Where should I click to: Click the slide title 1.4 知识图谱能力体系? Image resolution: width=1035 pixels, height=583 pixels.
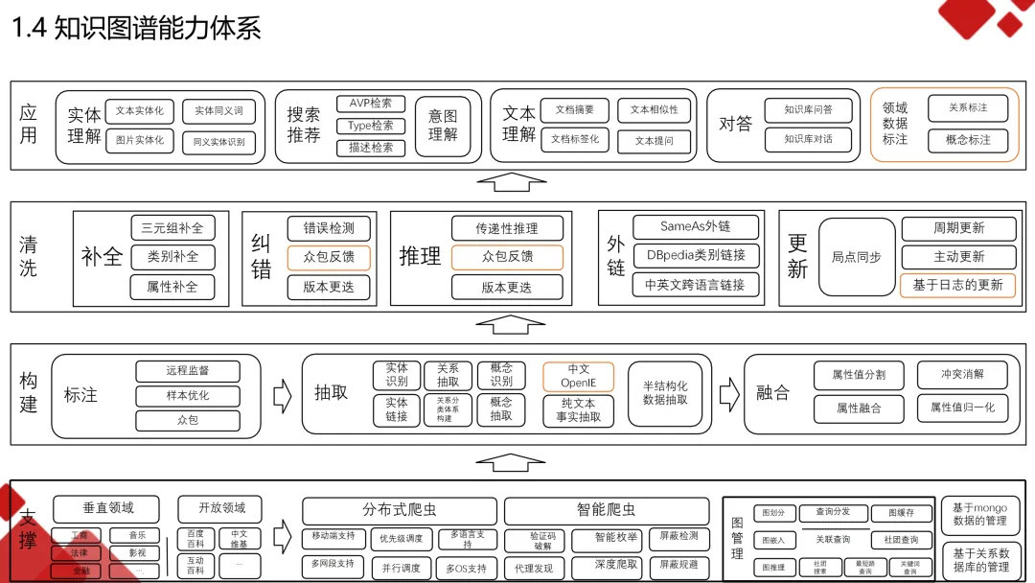(136, 28)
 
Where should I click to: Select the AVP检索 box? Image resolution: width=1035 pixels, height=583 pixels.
(371, 104)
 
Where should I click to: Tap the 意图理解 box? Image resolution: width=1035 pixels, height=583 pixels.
(443, 126)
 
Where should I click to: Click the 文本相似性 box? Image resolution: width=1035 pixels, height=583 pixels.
(654, 110)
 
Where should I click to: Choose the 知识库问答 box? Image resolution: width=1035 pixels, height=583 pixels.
(808, 110)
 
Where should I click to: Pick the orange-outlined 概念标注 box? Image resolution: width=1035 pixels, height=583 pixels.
(968, 140)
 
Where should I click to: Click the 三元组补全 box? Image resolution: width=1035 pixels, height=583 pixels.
(172, 228)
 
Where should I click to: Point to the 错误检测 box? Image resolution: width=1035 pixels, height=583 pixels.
(329, 228)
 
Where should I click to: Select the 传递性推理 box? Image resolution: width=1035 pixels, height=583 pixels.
(507, 228)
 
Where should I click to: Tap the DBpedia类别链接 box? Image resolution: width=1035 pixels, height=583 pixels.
(696, 256)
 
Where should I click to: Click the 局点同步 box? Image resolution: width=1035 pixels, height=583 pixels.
(856, 257)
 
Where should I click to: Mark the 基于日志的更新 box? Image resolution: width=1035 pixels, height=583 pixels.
(957, 285)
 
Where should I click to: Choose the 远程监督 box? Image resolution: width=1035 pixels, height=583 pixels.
(187, 370)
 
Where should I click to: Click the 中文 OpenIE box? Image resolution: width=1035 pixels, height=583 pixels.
(578, 376)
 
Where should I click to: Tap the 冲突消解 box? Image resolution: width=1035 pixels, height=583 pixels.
(961, 374)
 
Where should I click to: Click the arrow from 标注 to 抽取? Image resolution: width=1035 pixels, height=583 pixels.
(282, 393)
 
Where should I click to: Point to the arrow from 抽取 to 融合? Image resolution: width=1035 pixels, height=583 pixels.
(729, 392)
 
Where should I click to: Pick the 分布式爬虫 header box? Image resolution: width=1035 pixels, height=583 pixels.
(400, 510)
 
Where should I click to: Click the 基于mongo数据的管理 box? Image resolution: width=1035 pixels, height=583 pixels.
(980, 514)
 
